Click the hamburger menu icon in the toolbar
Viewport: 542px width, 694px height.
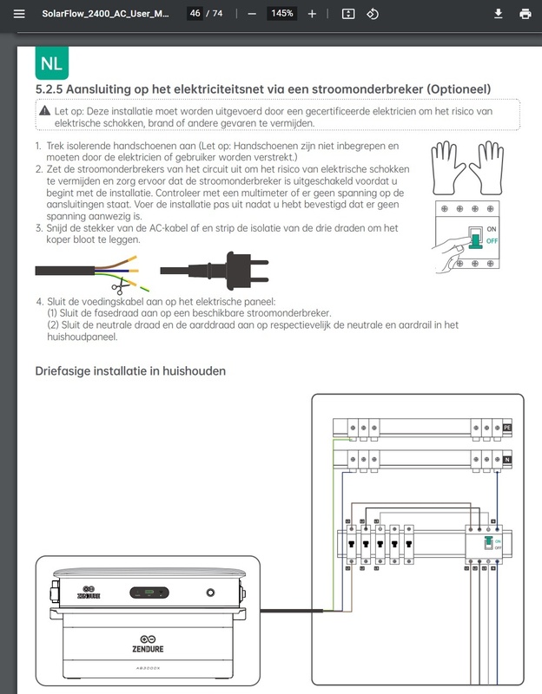point(19,14)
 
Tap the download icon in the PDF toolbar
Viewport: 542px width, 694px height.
point(499,14)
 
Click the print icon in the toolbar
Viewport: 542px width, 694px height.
point(525,14)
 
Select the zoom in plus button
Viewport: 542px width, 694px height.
point(312,14)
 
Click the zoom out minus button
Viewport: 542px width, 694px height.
point(252,14)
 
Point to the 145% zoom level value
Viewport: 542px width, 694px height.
point(281,14)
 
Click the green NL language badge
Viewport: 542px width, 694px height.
point(51,63)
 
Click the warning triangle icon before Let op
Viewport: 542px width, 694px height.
point(45,112)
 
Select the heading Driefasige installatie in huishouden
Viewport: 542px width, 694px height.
point(130,371)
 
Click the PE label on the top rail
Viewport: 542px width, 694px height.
point(508,428)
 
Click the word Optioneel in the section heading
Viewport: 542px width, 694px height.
point(456,89)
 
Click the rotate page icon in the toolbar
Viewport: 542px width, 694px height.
point(373,14)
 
